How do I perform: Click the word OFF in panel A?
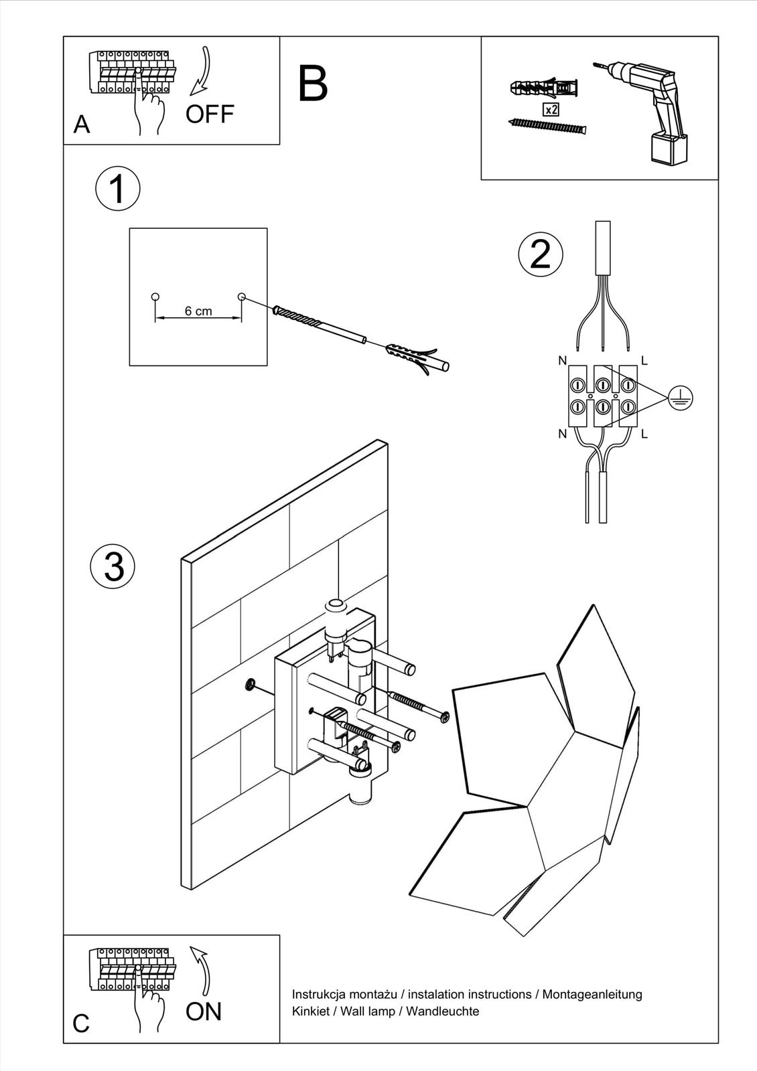pos(210,114)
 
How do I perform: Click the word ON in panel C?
pos(204,1011)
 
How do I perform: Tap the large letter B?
pos(313,84)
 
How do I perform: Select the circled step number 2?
pos(541,254)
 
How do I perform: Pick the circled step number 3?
pos(113,566)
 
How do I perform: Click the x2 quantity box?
pos(551,110)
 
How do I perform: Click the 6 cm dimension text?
pos(198,311)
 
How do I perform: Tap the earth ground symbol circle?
pos(681,398)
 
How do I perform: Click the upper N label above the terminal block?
pos(562,361)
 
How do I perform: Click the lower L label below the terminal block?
pos(644,434)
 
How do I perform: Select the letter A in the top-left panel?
pos(82,125)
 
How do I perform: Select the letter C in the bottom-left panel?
pos(81,1023)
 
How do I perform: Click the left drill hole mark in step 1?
pos(155,297)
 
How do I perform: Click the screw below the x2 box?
pos(547,126)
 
